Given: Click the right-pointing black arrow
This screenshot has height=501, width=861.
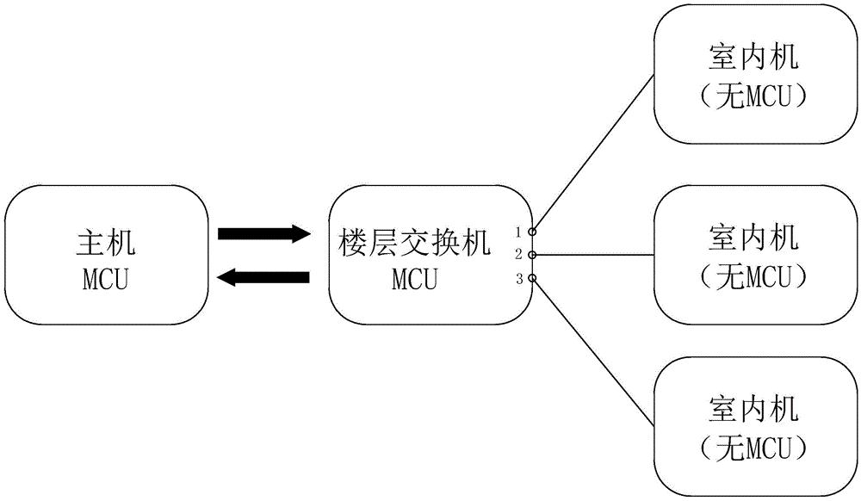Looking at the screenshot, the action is [x=264, y=234].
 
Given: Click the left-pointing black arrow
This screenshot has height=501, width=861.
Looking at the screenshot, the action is [x=263, y=277].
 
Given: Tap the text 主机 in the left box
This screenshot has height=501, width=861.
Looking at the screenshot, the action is [x=106, y=243].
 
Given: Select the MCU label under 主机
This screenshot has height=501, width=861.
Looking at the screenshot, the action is [x=106, y=279].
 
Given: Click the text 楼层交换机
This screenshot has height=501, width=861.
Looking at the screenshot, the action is [x=415, y=243].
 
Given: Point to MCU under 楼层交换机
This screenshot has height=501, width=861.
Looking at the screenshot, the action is [x=415, y=279].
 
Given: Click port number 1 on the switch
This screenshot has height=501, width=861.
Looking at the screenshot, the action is [x=517, y=232].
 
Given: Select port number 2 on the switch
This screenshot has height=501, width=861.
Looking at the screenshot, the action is [x=518, y=255].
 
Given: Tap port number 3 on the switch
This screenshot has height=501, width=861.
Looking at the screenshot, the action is [x=519, y=279].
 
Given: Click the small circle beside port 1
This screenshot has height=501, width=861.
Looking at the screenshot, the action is [x=532, y=232].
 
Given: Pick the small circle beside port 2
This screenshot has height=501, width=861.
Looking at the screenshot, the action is [x=532, y=255].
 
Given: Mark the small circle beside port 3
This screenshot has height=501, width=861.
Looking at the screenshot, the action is [x=532, y=278].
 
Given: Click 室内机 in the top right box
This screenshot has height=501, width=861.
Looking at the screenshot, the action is [x=753, y=57].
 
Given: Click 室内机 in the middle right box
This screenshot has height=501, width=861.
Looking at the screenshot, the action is [x=753, y=237].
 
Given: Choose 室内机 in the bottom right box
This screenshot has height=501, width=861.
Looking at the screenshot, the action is [x=753, y=409].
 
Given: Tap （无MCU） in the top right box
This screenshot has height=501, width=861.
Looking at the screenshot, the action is [x=753, y=97].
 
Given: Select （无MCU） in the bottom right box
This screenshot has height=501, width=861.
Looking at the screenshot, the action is [x=753, y=448].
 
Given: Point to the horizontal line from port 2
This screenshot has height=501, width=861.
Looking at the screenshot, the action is [x=595, y=255].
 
